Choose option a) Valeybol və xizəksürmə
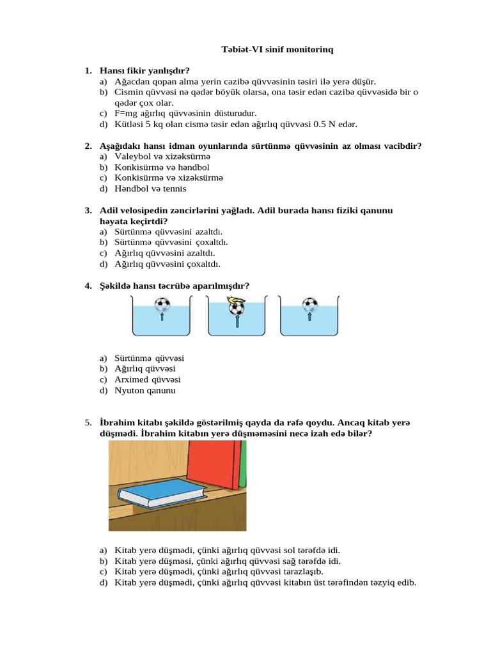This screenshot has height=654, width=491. coord(162,156)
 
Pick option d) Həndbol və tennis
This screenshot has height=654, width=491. coord(150,189)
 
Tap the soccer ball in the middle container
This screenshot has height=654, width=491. coord(237,308)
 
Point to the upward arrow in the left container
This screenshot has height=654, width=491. coord(162,316)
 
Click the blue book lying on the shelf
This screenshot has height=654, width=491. coord(163,492)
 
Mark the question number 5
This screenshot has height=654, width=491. coord(88,423)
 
